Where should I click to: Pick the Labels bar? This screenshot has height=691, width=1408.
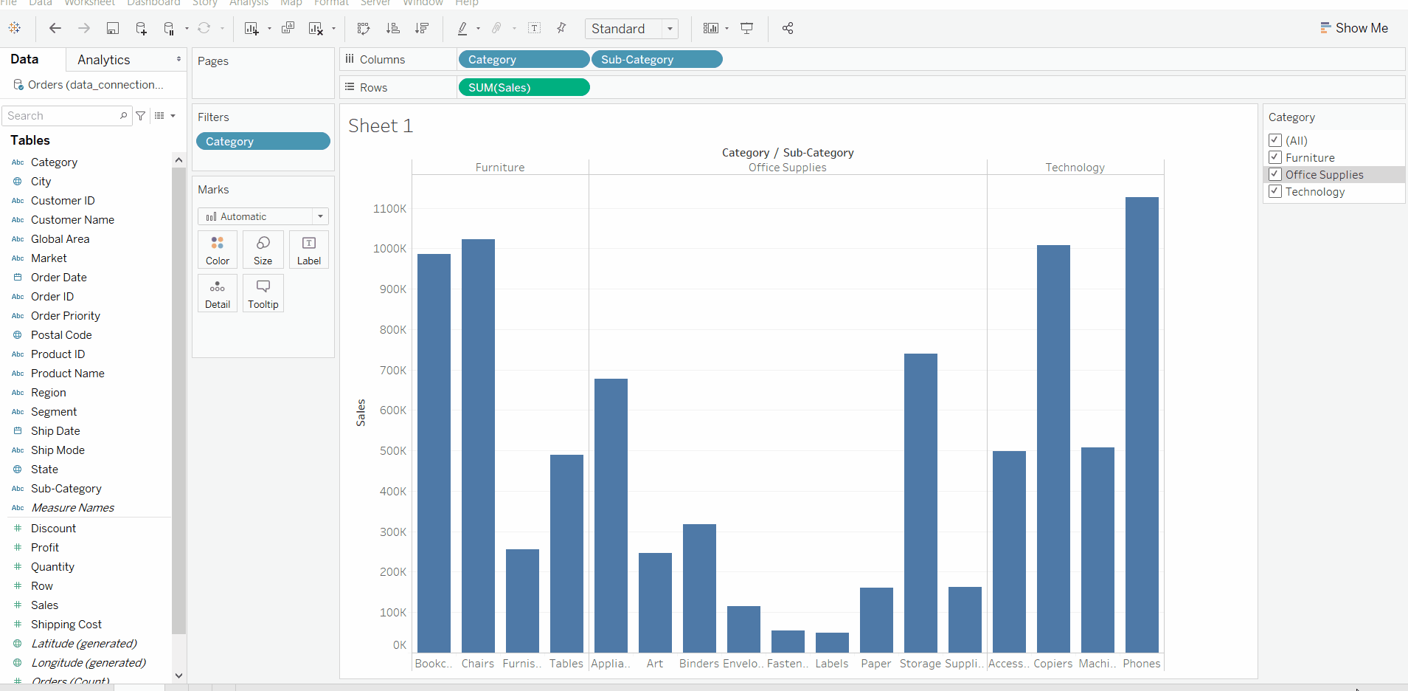coord(832,642)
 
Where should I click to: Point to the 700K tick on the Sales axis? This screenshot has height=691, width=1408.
coord(392,370)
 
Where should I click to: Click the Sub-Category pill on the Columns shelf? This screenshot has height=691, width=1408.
coord(656,60)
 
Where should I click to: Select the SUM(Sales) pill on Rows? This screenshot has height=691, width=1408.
coord(523,88)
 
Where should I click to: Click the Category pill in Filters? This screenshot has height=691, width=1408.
coord(263,142)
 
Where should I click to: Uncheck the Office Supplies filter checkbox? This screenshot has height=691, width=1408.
coord(1275,174)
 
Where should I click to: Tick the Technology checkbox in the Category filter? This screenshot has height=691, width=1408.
coord(1275,191)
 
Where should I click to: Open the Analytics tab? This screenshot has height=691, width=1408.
coord(104,60)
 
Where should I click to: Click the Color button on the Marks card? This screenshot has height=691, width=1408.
coord(218,250)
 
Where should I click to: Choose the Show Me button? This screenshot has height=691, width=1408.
coord(1354,28)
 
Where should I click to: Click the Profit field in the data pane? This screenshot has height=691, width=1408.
coord(45,548)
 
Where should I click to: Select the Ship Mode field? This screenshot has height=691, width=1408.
coord(58,450)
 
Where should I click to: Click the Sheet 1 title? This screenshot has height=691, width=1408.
coord(380,126)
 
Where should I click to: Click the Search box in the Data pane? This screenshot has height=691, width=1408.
coord(62,116)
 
